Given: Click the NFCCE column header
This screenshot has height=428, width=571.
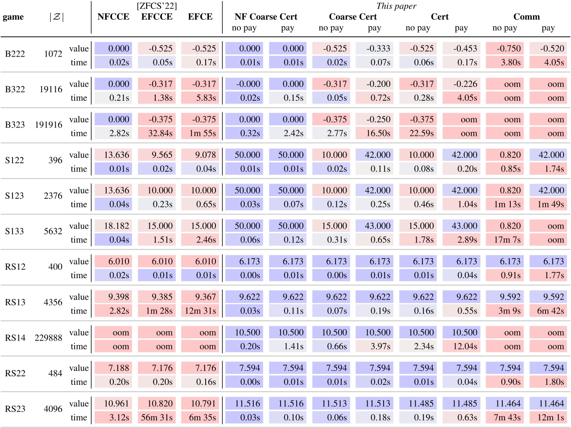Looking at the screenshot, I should tap(113, 17).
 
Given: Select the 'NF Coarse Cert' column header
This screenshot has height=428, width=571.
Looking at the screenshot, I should tap(266, 17).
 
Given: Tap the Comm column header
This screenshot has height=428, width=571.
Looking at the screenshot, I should tap(526, 17).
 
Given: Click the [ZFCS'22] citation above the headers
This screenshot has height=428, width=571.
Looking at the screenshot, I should tap(157, 6).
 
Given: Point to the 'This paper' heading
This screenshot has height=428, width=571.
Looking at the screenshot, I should tap(396, 6).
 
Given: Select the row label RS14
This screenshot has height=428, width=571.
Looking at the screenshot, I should tap(15, 338).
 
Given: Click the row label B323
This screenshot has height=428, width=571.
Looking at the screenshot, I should tap(15, 125).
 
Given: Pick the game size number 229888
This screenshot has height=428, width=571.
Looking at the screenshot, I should tap(49, 338).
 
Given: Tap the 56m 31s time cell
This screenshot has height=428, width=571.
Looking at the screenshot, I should tap(157, 418).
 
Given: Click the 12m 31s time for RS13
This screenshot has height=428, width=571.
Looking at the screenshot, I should tap(200, 311).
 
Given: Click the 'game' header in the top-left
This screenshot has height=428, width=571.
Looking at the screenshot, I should tap(13, 17).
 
